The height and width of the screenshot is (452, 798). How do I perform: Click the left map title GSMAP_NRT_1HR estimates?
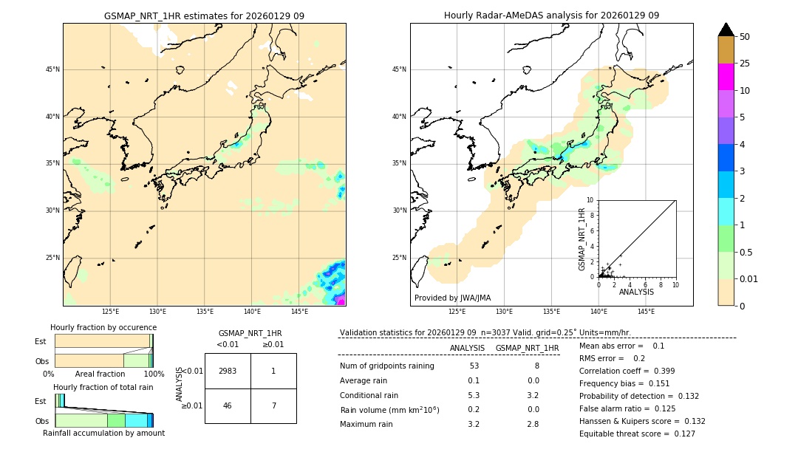[204, 16]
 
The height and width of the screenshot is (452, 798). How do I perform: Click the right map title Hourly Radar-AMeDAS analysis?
[551, 16]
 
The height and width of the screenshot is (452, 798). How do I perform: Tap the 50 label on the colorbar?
[745, 37]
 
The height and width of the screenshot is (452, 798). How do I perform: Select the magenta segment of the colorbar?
[726, 77]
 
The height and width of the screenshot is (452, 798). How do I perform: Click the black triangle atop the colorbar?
[726, 30]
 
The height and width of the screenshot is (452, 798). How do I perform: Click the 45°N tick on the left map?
[52, 69]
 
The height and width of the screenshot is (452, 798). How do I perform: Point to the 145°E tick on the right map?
[646, 312]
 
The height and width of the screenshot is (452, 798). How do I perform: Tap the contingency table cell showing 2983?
[228, 371]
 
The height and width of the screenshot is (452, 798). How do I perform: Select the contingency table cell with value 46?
[228, 405]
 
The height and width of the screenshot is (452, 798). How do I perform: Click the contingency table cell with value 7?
[273, 405]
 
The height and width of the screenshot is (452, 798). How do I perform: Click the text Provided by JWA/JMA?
[452, 298]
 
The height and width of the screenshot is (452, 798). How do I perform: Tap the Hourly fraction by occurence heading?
[103, 327]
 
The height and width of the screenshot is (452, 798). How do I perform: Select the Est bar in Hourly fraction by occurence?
[103, 341]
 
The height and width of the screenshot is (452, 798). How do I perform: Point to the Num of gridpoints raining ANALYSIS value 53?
[474, 366]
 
